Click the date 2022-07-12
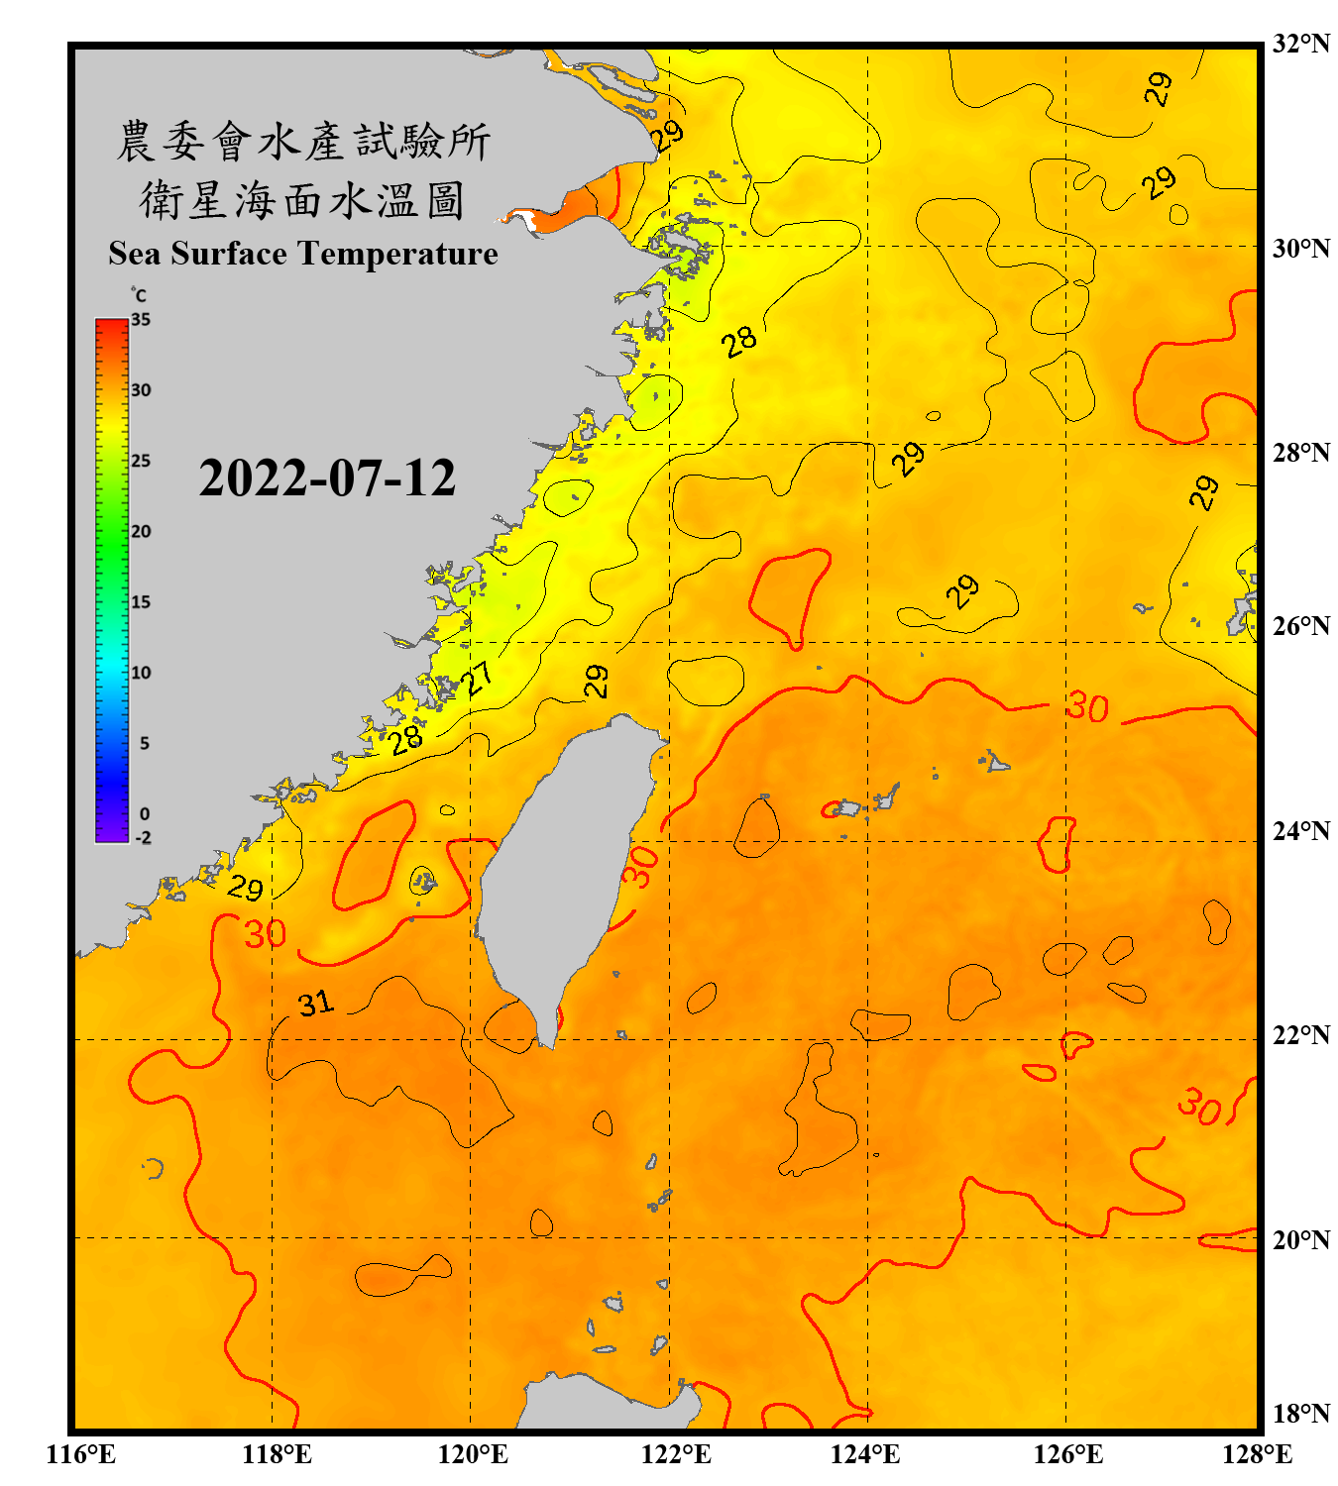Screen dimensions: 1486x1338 click(327, 478)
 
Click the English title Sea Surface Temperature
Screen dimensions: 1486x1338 click(303, 254)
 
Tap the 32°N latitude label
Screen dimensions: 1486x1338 click(1300, 44)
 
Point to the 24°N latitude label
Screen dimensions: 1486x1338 click(1300, 830)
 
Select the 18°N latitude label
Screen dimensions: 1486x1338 click(1300, 1414)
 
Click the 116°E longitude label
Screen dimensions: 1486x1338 click(80, 1454)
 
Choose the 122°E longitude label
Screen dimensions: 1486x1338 click(676, 1454)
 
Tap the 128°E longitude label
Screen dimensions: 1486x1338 click(1257, 1454)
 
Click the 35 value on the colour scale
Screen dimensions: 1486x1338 click(141, 320)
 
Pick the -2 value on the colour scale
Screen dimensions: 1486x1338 click(143, 837)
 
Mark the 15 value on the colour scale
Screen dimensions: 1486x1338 click(141, 602)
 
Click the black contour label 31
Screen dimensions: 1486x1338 click(316, 1004)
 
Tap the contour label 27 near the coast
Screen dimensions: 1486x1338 click(479, 679)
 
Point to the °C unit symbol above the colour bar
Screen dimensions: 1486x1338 click(139, 295)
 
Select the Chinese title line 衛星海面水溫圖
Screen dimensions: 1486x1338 click(302, 200)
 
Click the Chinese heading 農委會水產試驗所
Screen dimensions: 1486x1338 click(303, 142)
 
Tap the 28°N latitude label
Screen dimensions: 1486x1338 click(1300, 453)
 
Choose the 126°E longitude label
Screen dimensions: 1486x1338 click(1067, 1454)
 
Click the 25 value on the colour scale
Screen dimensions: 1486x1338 click(141, 461)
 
